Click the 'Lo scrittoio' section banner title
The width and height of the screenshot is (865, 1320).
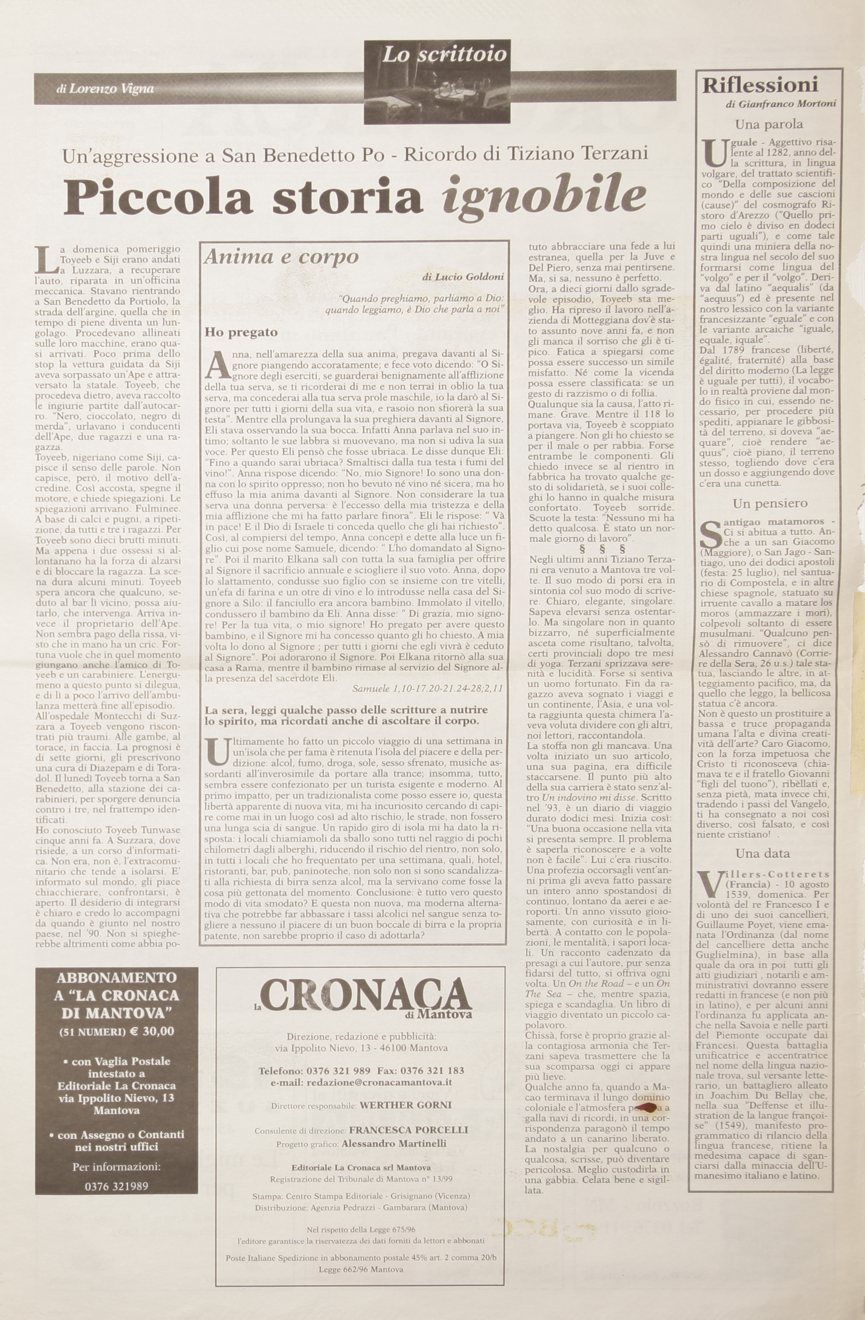pos(444,54)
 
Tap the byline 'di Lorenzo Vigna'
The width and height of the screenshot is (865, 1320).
pos(105,89)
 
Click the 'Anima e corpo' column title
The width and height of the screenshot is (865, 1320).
pos(281,257)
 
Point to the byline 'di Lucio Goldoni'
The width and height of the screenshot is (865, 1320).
pos(463,276)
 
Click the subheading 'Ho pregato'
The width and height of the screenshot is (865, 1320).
pos(241,332)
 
